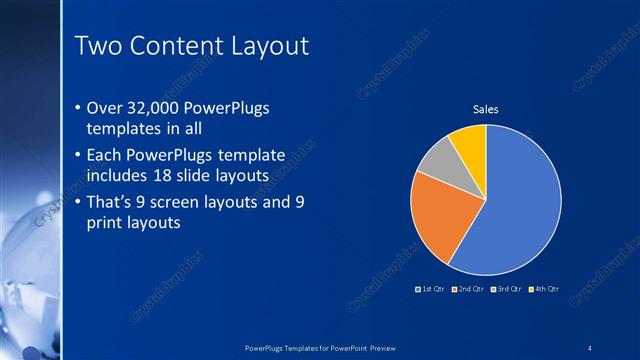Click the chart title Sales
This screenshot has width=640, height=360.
485,109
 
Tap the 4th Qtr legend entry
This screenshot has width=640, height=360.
542,289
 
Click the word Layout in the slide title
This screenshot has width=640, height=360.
270,46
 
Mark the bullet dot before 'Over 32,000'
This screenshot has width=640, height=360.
78,108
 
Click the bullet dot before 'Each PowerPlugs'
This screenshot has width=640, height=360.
78,156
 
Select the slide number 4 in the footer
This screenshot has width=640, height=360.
590,347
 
